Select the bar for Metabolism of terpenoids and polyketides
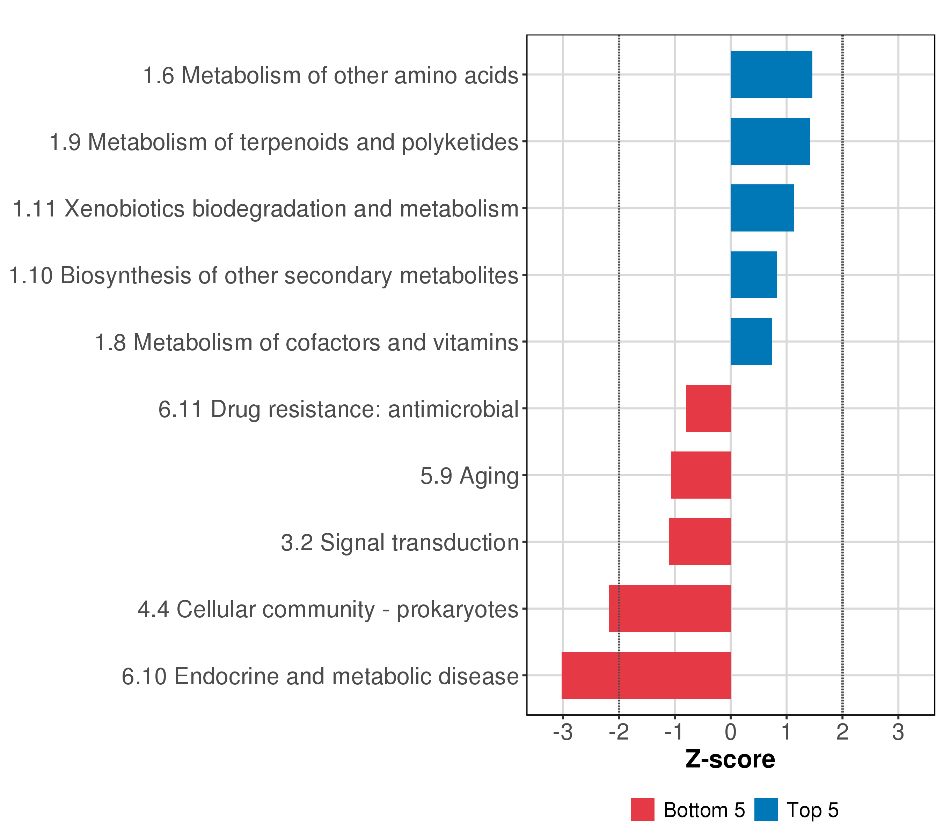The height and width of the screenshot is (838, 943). (770, 141)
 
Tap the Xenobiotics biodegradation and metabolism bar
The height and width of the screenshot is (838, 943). (762, 208)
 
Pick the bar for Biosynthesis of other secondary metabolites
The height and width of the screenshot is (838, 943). (753, 275)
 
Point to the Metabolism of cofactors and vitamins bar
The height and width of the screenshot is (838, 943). (751, 342)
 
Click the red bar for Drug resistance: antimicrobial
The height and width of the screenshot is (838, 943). (709, 408)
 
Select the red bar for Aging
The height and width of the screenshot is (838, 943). (701, 475)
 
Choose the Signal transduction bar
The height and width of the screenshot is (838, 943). (700, 542)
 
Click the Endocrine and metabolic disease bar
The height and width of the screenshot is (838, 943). (646, 675)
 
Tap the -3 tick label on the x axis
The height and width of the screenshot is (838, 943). (563, 733)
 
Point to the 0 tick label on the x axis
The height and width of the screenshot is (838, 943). (731, 733)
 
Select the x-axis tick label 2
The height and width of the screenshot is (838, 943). (842, 733)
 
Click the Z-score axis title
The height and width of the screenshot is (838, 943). (730, 759)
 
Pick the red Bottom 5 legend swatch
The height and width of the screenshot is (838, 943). (643, 810)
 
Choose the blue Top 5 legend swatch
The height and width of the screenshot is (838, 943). (766, 810)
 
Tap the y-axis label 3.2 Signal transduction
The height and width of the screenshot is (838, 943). (400, 542)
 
